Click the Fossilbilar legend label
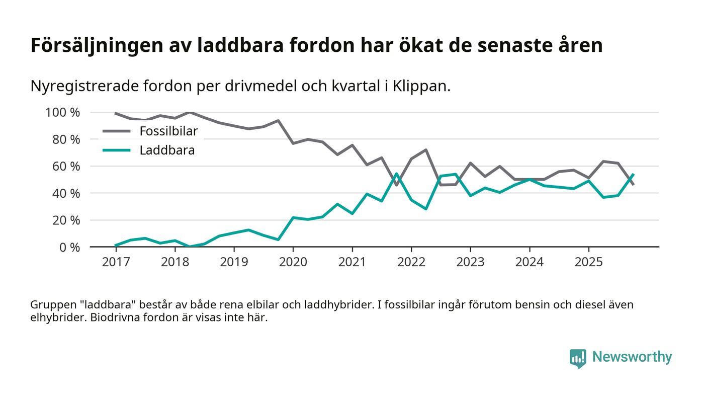pos(168,131)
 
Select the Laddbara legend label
pos(167,150)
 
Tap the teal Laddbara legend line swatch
pos(116,150)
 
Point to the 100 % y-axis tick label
pos(62,112)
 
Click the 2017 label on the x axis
pos(116,262)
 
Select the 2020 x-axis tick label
pos(293,262)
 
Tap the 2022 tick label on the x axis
pos(411,262)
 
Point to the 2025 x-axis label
pos(588,262)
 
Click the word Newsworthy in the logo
pos(632,357)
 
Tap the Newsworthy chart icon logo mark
pos(578,358)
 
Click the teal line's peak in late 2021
pos(396,174)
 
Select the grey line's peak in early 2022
pos(426,150)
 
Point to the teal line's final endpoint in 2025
pos(633,175)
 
